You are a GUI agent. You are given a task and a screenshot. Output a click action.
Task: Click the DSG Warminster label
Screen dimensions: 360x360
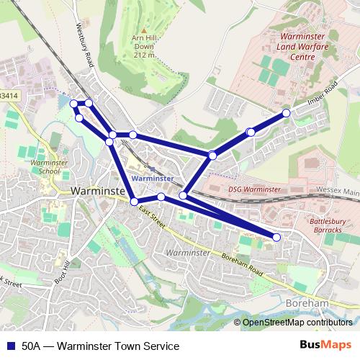click(254, 189)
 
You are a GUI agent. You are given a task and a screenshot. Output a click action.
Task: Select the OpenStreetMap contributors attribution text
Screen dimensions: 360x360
click(297, 323)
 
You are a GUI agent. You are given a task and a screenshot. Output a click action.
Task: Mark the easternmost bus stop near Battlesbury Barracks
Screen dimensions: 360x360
click(277, 237)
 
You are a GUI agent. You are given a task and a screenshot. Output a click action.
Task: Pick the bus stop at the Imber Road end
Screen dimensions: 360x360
click(286, 113)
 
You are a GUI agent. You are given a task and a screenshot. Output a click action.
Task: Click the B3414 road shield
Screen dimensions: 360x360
click(9, 94)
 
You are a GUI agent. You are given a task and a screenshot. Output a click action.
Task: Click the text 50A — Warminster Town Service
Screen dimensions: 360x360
click(100, 346)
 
